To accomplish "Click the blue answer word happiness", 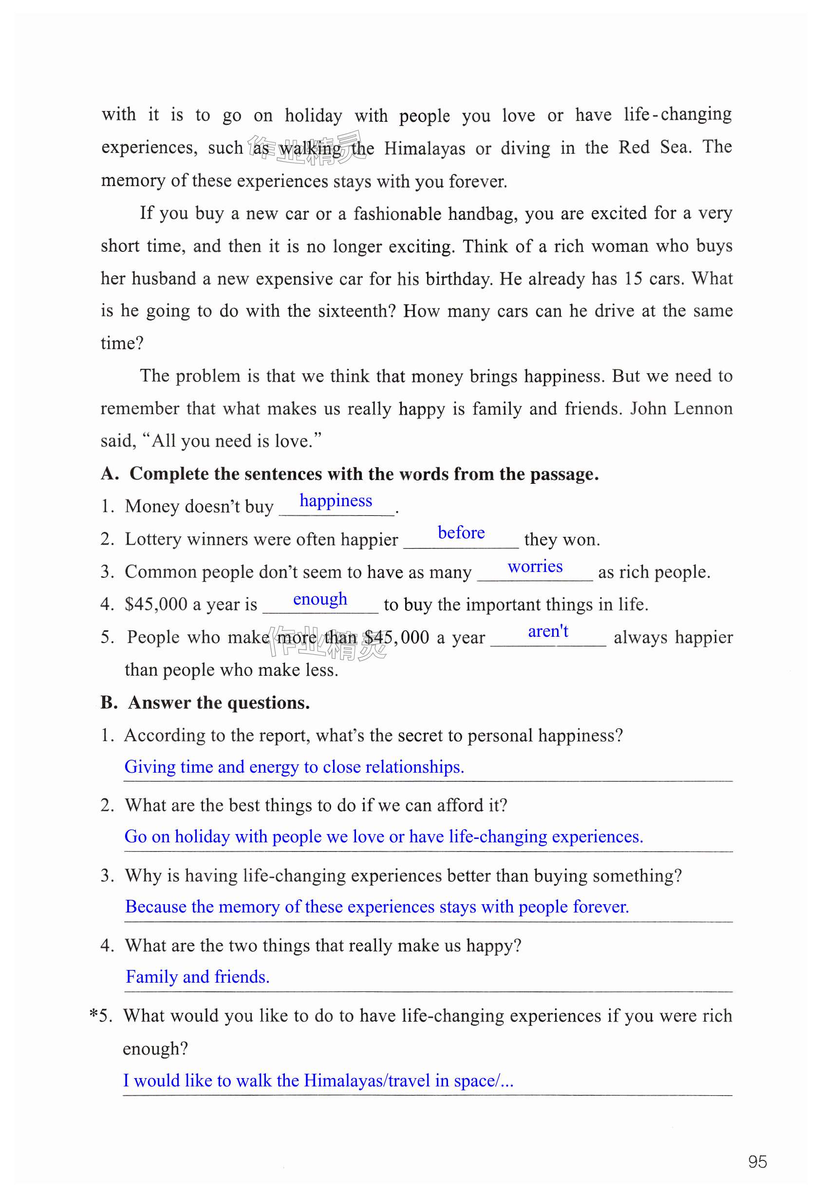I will coord(336,500).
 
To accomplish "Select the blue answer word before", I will coord(461,532).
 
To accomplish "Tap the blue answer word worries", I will coord(535,566).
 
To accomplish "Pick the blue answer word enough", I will coord(320,599).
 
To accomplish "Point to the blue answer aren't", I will coord(548,631).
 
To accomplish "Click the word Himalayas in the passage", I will coord(424,149).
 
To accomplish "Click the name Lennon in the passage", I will coord(703,408).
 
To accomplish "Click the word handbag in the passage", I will coord(482,213).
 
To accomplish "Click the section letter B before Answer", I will coord(108,703).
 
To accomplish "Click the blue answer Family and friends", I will coord(197,976).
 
